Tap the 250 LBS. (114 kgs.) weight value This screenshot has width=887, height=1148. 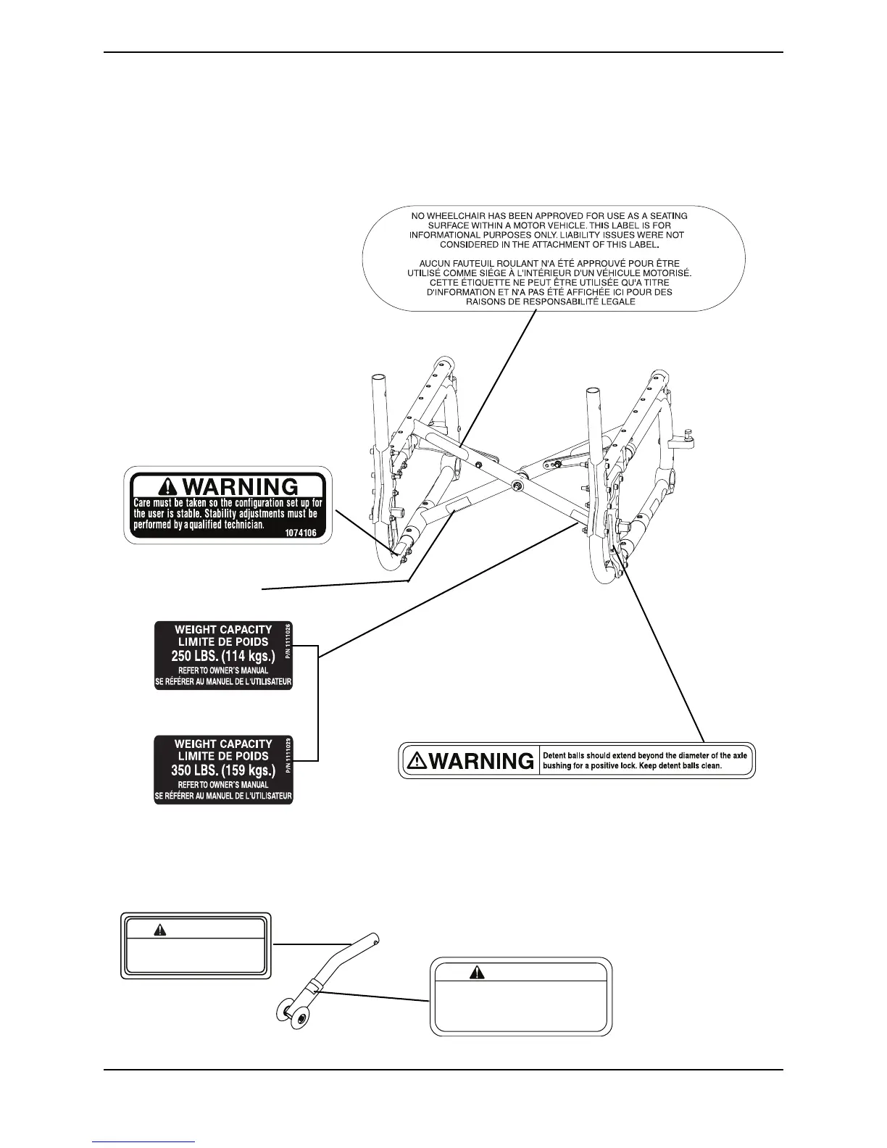pyautogui.click(x=223, y=657)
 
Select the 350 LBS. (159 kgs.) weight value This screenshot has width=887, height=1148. pyautogui.click(x=223, y=770)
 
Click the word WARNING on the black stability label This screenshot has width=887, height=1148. pyautogui.click(x=248, y=486)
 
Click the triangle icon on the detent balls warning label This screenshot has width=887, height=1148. pyautogui.click(x=418, y=760)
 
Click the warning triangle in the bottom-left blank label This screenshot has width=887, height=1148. pyautogui.click(x=160, y=931)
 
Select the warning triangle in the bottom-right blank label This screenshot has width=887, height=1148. pyautogui.click(x=477, y=973)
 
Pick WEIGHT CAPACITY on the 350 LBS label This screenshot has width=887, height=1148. pyautogui.click(x=223, y=744)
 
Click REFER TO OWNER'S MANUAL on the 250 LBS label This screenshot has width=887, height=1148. pyautogui.click(x=223, y=670)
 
